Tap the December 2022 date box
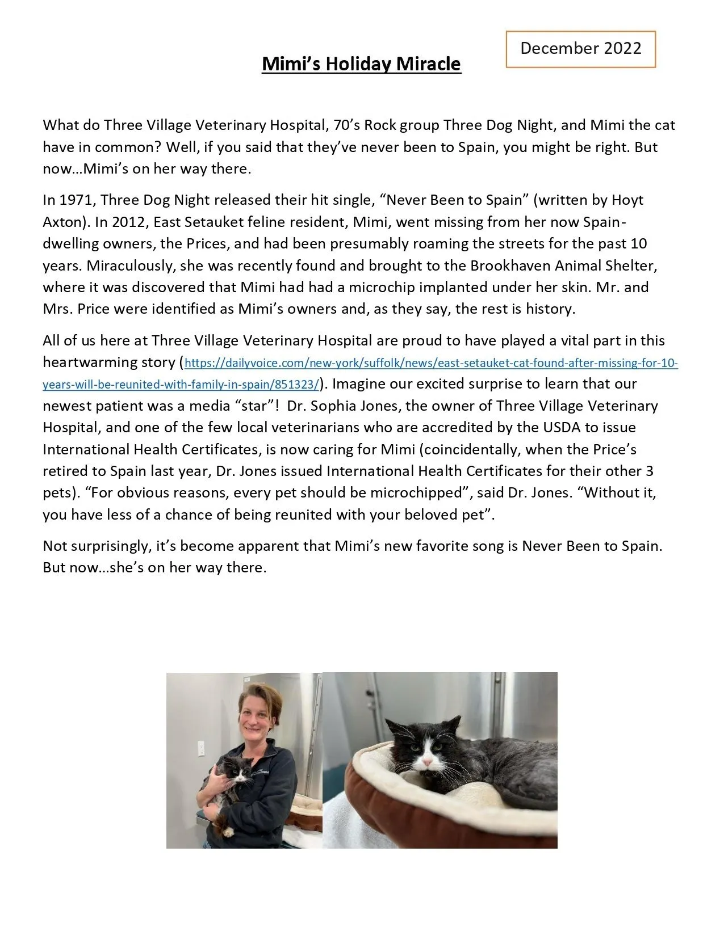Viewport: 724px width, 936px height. (x=580, y=49)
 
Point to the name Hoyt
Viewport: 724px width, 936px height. (x=627, y=200)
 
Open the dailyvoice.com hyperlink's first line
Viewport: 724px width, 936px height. (x=432, y=363)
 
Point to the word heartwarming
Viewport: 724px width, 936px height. (x=94, y=362)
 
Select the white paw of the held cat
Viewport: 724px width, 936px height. (x=228, y=832)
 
